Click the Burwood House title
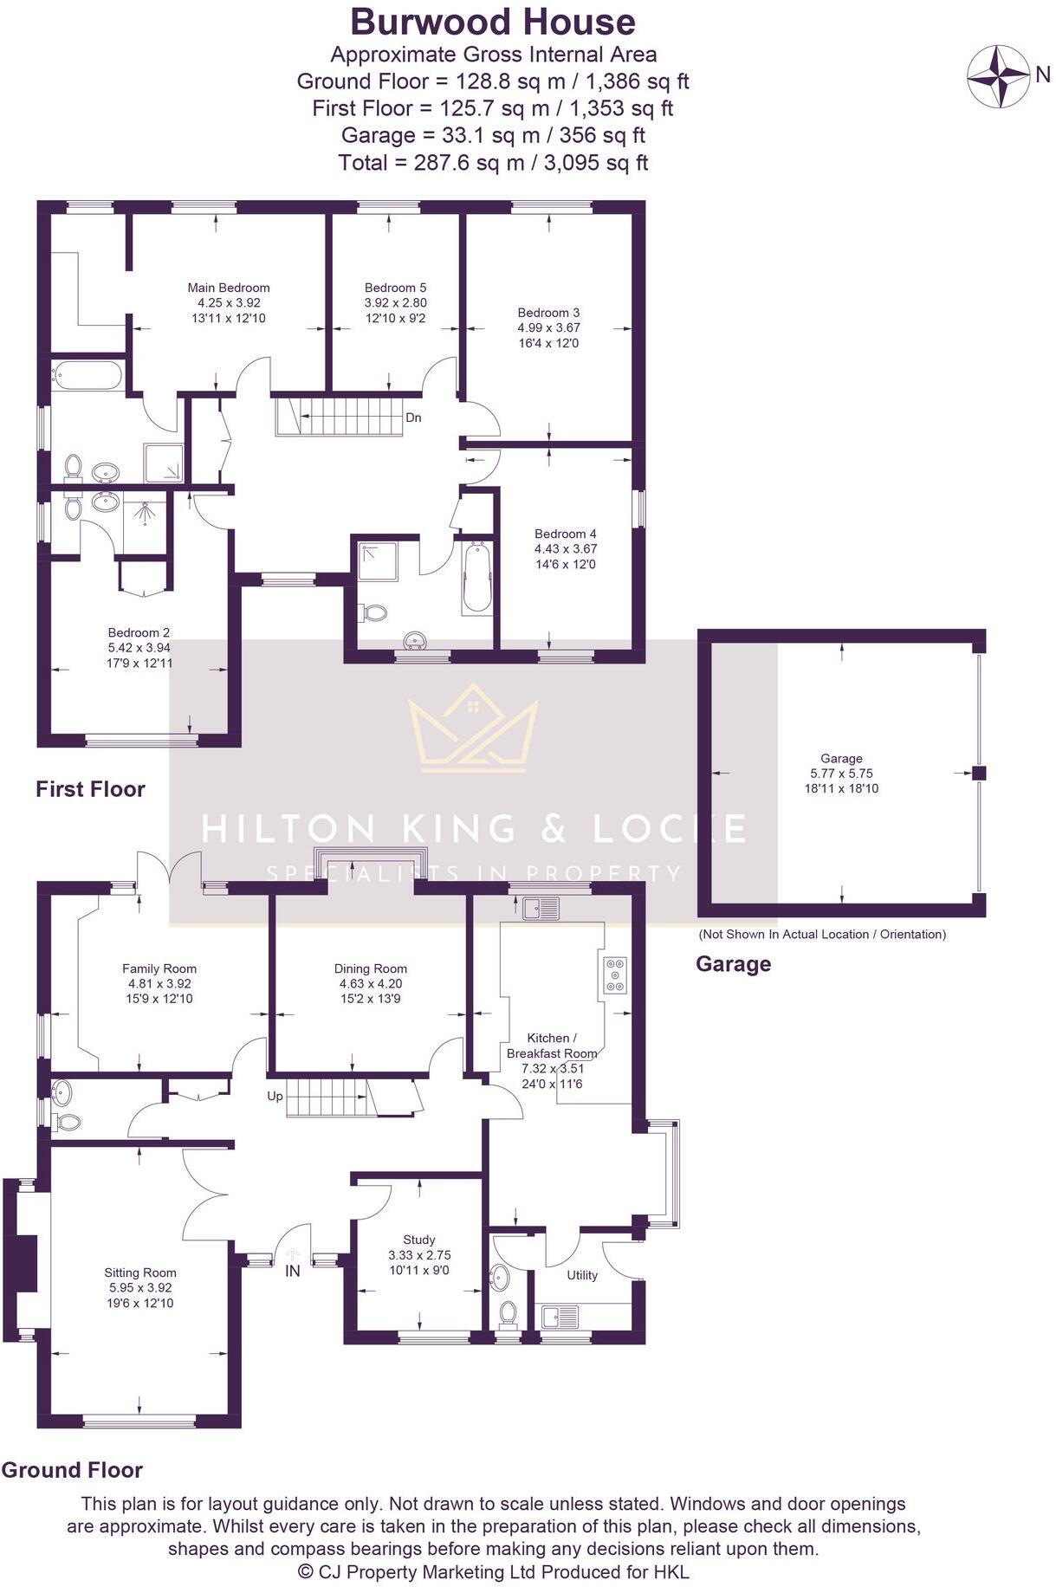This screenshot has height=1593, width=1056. pos(492,22)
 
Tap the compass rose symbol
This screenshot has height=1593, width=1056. pos(998,76)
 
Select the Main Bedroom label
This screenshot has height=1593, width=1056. pos(229,288)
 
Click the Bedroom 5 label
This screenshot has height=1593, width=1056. pos(395,288)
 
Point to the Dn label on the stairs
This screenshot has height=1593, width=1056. pos(413,418)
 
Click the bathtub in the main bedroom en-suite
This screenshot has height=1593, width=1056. pos(87,375)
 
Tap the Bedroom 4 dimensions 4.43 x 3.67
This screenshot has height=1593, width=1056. pos(566,549)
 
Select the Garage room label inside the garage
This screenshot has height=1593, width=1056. pos(841,758)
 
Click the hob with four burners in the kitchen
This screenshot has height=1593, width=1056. pos(615,975)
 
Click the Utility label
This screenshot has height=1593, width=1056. pos(582,1275)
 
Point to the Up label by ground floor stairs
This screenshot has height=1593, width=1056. pos(275,1096)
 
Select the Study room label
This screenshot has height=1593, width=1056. pos(419,1240)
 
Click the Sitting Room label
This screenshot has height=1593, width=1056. pos(140,1272)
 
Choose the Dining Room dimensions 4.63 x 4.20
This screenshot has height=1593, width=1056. pos(371,984)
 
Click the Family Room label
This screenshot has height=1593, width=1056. pos(159,968)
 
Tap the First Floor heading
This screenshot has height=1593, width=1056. pos(90,789)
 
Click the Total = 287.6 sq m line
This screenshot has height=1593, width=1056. pos(493,163)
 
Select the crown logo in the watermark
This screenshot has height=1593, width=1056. pos(473,728)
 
